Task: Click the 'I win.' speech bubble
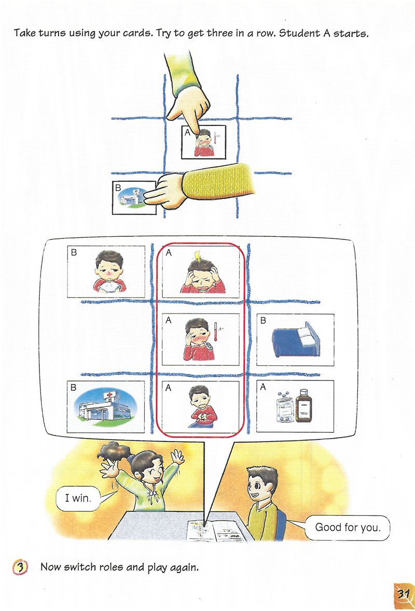(x=78, y=498)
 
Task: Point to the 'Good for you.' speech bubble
(x=347, y=528)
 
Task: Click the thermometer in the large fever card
(x=216, y=332)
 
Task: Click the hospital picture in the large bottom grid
(x=106, y=407)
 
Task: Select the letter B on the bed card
(x=263, y=320)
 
